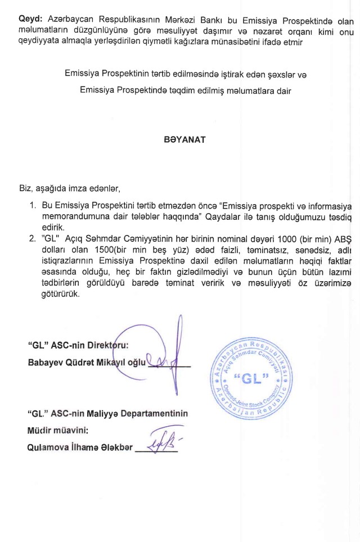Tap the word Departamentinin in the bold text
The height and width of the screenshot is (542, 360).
click(154, 414)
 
